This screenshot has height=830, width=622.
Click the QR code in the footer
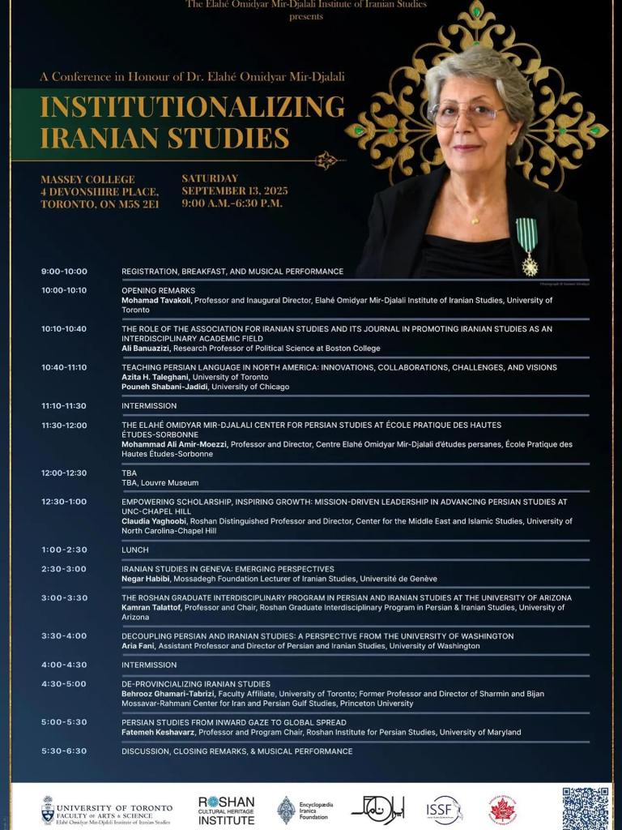[x=585, y=807]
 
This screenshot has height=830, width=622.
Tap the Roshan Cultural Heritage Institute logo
[x=226, y=810]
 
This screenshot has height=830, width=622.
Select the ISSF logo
[x=444, y=810]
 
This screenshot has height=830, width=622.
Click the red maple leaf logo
[x=503, y=810]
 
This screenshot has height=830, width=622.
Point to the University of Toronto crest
[x=48, y=810]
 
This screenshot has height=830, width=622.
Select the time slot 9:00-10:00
[x=64, y=272]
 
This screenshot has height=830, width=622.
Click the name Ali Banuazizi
[x=150, y=349]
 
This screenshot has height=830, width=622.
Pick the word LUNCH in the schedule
[x=135, y=550]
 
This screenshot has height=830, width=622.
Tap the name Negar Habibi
[x=146, y=579]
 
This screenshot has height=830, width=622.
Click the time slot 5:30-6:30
[x=64, y=751]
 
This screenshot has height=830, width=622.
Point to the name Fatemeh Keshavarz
[x=158, y=732]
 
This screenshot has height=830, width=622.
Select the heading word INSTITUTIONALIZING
[x=192, y=106]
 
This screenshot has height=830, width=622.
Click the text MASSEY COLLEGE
[x=87, y=179]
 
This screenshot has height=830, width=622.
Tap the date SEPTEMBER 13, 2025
[x=235, y=191]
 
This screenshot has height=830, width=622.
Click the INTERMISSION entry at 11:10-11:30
[x=149, y=406]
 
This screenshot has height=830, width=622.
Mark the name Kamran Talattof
[x=151, y=607]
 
